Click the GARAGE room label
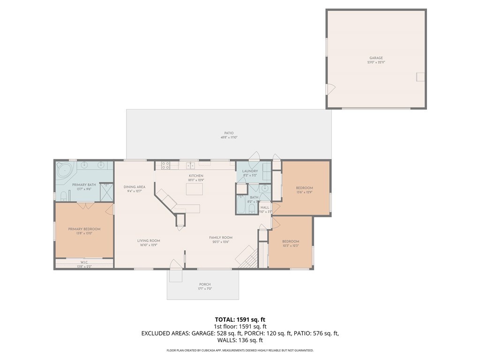coord(376,58)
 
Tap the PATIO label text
coord(229,133)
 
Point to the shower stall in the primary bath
coord(107,192)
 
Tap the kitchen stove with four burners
coord(165,165)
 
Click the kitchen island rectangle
coord(196,189)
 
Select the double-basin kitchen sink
coord(190,165)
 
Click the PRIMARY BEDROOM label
coord(84,229)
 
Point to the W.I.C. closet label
coord(84,262)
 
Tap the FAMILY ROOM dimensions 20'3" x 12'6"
coord(221,242)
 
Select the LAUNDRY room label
coord(250,171)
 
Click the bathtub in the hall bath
coord(241,205)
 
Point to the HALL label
coord(265,207)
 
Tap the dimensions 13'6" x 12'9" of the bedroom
coord(304,192)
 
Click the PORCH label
coord(205,285)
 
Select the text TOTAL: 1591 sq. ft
coord(240,319)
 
